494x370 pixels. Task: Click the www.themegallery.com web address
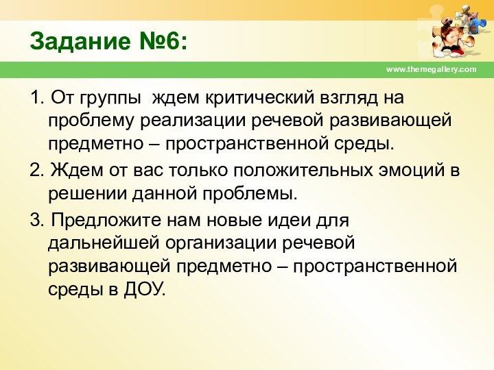(431, 70)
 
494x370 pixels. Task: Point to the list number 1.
(37, 98)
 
